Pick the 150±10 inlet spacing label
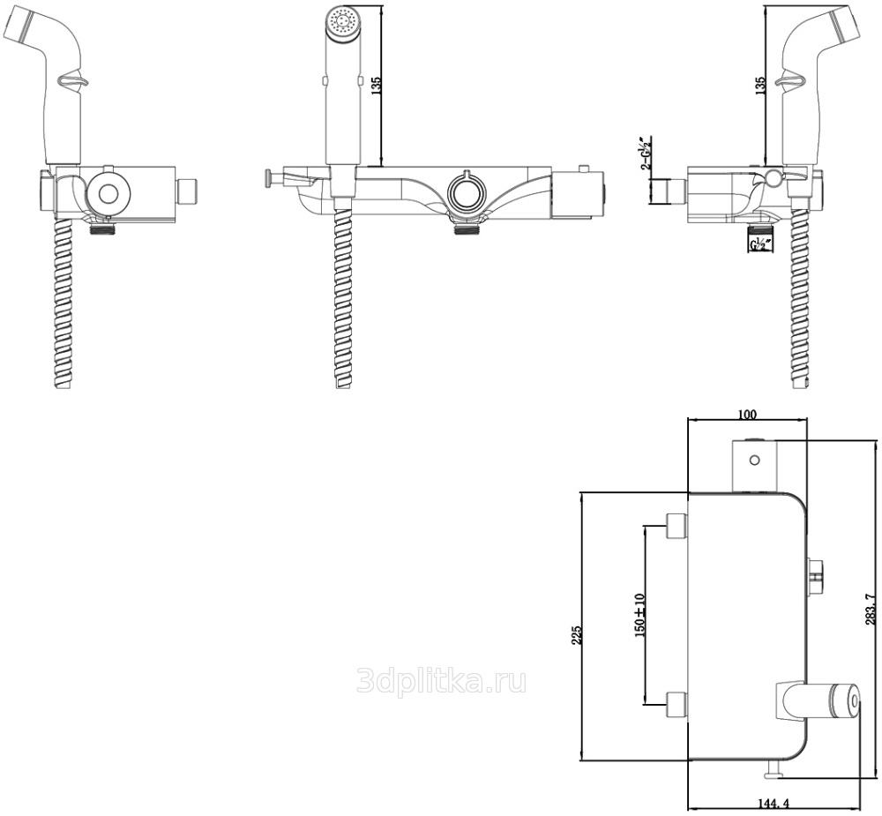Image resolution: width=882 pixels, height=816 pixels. coord(640,614)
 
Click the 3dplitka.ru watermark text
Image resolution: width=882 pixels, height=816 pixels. coord(441,680)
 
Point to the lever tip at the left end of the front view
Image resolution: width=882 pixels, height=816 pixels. coord(266,180)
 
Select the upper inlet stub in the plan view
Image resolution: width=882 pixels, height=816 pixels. coord(676,526)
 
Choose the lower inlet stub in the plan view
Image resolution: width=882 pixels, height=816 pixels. coord(676,703)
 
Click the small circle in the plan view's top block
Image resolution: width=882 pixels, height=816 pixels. coord(755,459)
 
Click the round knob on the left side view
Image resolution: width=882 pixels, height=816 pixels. coord(109,193)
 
